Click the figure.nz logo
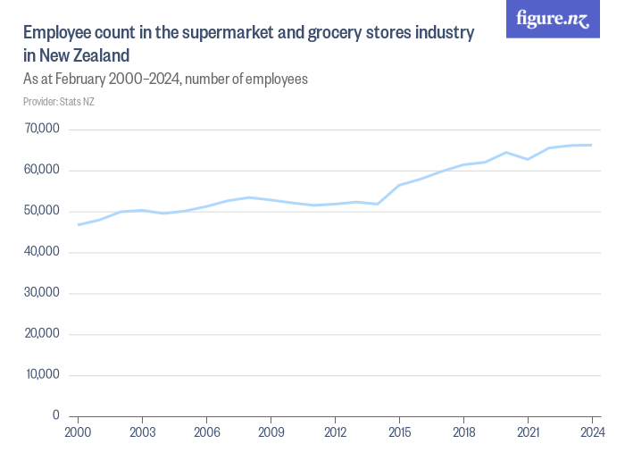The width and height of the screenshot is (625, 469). click(553, 19)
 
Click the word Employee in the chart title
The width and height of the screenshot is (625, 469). click(56, 34)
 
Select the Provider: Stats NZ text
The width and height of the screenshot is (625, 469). click(58, 102)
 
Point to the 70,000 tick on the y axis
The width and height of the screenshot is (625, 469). click(42, 130)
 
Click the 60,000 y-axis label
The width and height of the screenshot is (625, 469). click(42, 171)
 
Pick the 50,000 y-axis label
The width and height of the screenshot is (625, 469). click(42, 212)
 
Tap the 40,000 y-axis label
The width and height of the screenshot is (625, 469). click(42, 253)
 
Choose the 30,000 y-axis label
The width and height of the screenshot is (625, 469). click(42, 293)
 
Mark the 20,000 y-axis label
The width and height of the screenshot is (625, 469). click(42, 334)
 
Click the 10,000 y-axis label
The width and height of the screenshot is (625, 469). click(42, 375)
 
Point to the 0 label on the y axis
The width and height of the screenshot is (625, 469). click(55, 416)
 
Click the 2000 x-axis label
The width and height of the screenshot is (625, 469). click(78, 433)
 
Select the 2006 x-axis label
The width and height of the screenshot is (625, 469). click(206, 433)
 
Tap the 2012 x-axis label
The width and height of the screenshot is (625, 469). click(335, 433)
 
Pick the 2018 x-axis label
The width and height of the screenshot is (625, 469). click(463, 433)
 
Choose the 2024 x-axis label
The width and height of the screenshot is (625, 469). click(592, 433)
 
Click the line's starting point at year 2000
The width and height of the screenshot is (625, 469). click(78, 225)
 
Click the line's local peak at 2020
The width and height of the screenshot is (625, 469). click(506, 153)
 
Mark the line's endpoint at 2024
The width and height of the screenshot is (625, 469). click(592, 145)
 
